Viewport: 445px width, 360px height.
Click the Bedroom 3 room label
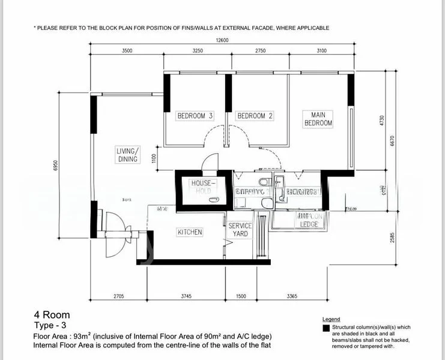195,116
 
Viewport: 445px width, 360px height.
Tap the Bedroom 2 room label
255,116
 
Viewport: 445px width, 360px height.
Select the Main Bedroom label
318,118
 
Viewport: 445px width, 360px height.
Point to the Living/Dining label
128,155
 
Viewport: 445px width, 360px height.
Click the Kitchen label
190,232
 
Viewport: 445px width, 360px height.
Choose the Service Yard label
240,230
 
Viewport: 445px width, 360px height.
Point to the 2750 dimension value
260,51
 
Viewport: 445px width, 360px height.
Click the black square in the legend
325,328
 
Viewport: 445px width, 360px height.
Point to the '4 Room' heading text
52,314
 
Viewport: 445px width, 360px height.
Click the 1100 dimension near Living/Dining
154,158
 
